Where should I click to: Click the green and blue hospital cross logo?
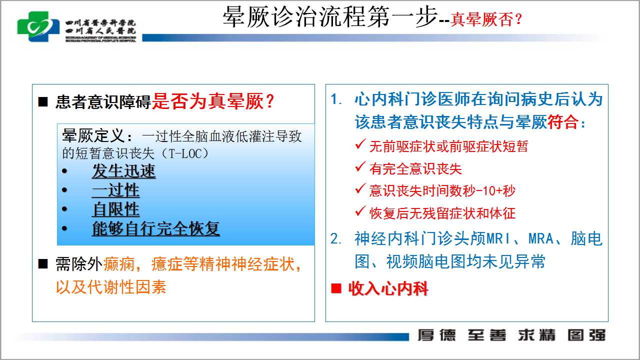(38, 26)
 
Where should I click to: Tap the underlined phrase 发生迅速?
(123, 171)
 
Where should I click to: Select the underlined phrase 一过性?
(115, 190)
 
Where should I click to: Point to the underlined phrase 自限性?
(115, 209)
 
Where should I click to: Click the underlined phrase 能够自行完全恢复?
(156, 228)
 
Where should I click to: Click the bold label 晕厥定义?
(93, 135)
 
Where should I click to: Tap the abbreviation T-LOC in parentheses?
(185, 153)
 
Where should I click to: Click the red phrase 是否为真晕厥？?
(213, 101)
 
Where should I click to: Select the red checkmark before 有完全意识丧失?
(360, 166)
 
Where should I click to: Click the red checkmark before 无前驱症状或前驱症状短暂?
(360, 144)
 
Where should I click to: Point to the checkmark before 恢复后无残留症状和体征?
(360, 211)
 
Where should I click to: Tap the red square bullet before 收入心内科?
(336, 288)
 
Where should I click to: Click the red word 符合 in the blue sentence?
(563, 122)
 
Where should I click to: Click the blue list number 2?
(335, 239)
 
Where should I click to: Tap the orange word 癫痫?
(119, 263)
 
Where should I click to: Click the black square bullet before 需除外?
(43, 263)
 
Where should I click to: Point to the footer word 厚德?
(437, 335)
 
